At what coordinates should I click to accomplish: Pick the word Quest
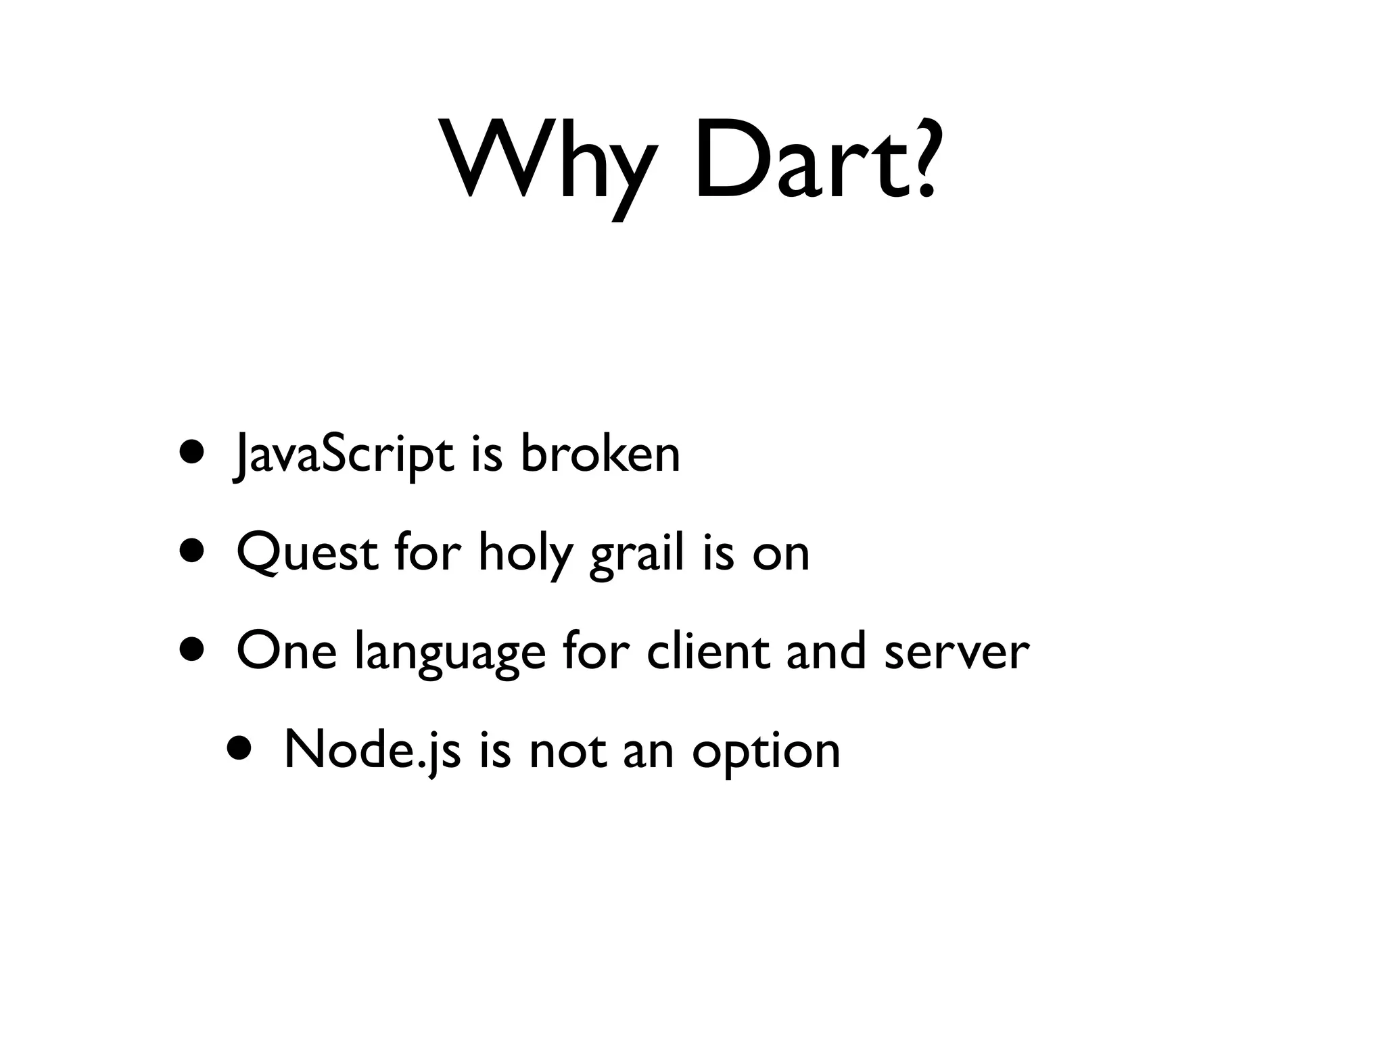click(x=308, y=553)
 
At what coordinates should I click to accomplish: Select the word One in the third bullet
click(x=286, y=651)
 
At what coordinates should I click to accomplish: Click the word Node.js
click(x=373, y=751)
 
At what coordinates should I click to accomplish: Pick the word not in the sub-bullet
click(x=567, y=751)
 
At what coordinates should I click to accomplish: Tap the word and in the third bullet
click(x=826, y=650)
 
